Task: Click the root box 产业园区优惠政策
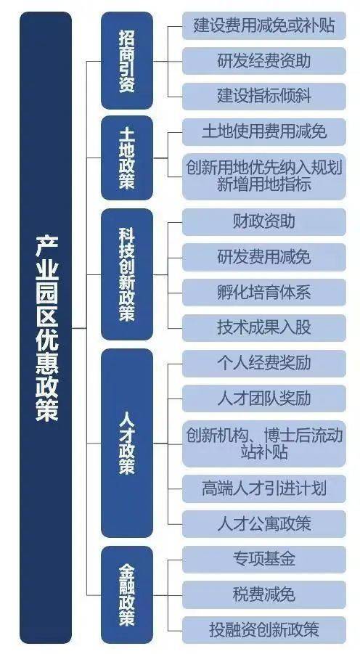pyautogui.click(x=46, y=327)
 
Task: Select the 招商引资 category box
pyautogui.click(x=127, y=60)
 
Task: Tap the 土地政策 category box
pyautogui.click(x=127, y=158)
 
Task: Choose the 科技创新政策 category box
pyautogui.click(x=127, y=274)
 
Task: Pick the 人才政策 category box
pyautogui.click(x=127, y=443)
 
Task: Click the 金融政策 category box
pyautogui.click(x=127, y=594)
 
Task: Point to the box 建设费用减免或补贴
pyautogui.click(x=264, y=25)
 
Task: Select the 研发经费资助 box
pyautogui.click(x=264, y=61)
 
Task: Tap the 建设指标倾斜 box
pyautogui.click(x=264, y=96)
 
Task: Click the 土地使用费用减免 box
pyautogui.click(x=264, y=132)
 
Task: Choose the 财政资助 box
pyautogui.click(x=264, y=222)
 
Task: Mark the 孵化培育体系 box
pyautogui.click(x=264, y=293)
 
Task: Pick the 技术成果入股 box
pyautogui.click(x=264, y=327)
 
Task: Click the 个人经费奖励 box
pyautogui.click(x=264, y=363)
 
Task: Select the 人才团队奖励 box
pyautogui.click(x=264, y=398)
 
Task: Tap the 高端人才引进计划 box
pyautogui.click(x=264, y=489)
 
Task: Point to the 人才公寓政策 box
pyautogui.click(x=264, y=524)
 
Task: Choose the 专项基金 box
pyautogui.click(x=264, y=560)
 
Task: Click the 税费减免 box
pyautogui.click(x=264, y=594)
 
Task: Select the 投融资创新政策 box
pyautogui.click(x=264, y=630)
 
